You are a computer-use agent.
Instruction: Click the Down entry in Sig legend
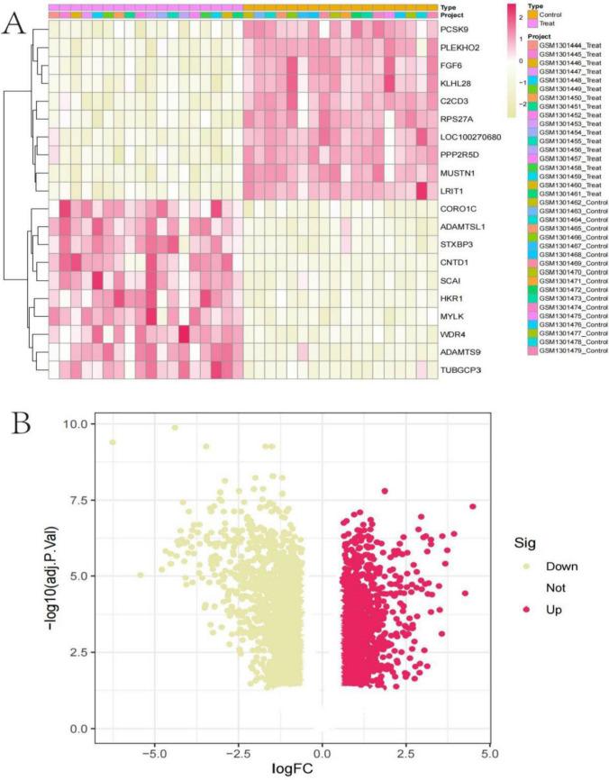click(x=552, y=567)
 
